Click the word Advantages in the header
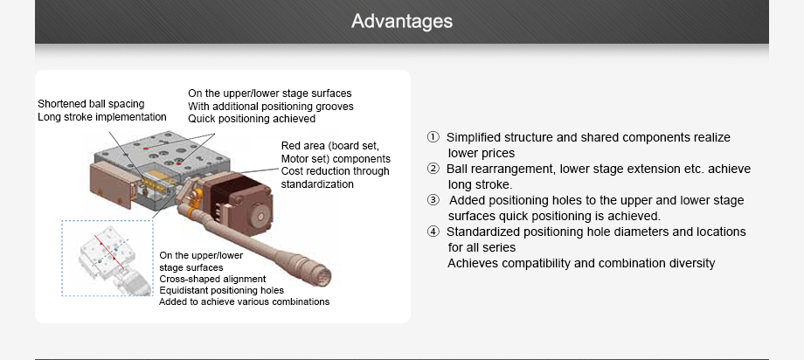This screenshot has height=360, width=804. [402, 21]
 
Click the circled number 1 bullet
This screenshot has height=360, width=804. [433, 137]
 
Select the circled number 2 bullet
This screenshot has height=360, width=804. [433, 169]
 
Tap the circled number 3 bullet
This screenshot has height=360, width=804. [433, 200]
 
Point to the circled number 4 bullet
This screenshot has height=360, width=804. [433, 232]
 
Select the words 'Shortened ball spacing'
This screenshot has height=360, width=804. [91, 104]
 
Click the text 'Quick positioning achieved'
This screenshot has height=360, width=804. [239, 119]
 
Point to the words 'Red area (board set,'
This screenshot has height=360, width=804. [329, 145]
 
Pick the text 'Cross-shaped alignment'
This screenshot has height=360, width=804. [212, 279]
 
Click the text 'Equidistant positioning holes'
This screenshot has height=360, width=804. [221, 290]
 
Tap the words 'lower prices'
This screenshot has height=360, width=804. [482, 153]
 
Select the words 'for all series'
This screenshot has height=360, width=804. [482, 247]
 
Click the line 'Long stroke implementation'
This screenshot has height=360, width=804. [101, 117]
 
